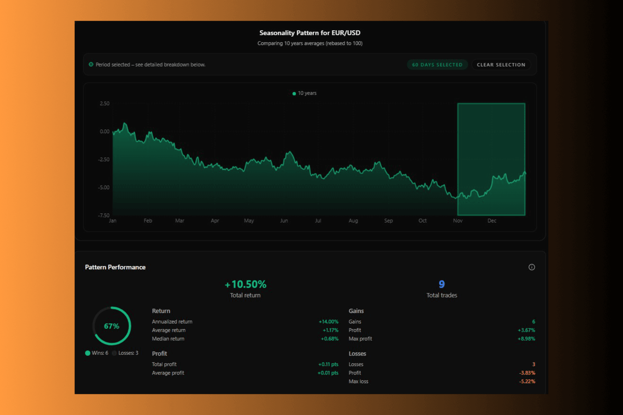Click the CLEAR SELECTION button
[x=501, y=65]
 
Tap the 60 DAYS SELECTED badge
[x=437, y=65]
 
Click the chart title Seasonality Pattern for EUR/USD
[x=310, y=33]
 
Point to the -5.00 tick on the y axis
[x=104, y=187]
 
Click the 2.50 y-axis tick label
[x=105, y=103]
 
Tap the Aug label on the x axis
[x=353, y=221]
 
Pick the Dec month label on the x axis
[x=491, y=221]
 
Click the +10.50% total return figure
[x=245, y=284]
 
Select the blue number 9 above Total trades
[x=442, y=284]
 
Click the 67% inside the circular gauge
[x=111, y=326]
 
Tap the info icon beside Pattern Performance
[x=532, y=267]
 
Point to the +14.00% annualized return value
[x=328, y=322]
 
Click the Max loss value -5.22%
[x=527, y=381]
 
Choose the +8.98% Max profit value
[x=526, y=339]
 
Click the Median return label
[x=168, y=339]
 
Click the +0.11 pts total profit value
[x=328, y=364]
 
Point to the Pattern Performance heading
[x=115, y=267]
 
